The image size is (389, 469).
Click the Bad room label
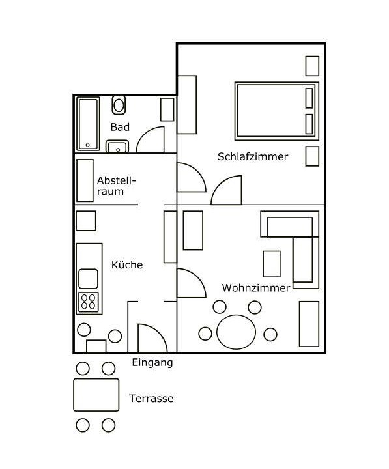click(120, 127)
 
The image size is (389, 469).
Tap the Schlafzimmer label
click(253, 156)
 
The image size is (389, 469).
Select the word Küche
click(127, 264)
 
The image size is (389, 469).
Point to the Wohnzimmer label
click(256, 288)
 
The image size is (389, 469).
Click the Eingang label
click(152, 363)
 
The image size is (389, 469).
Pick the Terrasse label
click(151, 398)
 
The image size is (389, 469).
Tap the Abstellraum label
click(116, 186)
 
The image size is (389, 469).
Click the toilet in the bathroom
click(119, 105)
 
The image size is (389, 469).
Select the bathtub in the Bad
click(88, 124)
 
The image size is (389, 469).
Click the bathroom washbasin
click(117, 147)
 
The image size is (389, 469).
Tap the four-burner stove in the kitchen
click(89, 302)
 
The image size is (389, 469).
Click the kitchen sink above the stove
click(88, 279)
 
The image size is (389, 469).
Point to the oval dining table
click(236, 332)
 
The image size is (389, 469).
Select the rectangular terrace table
click(96, 395)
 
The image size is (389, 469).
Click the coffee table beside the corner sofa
click(272, 264)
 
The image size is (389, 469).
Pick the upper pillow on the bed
click(309, 98)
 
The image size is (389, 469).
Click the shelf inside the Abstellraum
click(85, 180)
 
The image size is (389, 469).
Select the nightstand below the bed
click(312, 156)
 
